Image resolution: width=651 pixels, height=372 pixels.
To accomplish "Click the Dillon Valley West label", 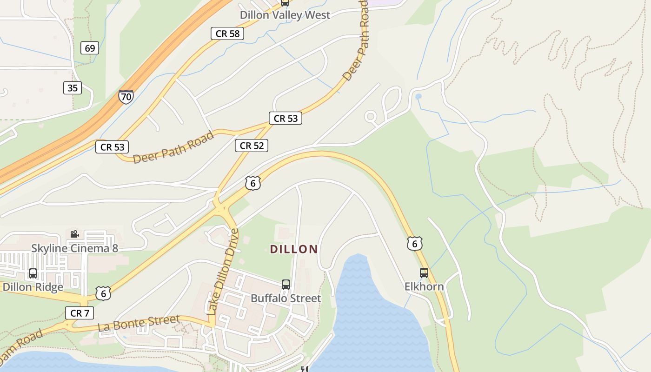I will pos(285,15).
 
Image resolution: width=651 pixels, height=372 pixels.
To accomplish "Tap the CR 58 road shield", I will pos(227,33).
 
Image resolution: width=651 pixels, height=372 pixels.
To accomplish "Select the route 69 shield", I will pos(90,48).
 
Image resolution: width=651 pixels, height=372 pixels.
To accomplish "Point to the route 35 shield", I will pos(73,88).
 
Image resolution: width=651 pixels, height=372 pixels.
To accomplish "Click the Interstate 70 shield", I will pos(126,96).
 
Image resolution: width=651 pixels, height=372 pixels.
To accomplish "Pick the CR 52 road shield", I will pos(252,146).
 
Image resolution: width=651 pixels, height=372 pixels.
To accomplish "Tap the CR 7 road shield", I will pos(80,313).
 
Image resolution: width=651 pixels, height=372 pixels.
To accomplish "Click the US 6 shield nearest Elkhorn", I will pos(414,244).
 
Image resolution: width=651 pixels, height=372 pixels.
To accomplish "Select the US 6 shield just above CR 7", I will pos(103,293).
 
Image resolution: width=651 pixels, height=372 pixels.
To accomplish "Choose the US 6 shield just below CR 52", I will pos(252,183).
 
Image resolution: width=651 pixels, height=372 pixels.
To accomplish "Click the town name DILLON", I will pos(294,249).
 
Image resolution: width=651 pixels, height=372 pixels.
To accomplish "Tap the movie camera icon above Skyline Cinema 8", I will pos(74,234).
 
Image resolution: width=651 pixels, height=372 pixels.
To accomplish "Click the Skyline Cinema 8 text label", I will pos(74,248).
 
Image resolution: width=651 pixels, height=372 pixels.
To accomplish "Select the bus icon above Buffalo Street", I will pos(286,284).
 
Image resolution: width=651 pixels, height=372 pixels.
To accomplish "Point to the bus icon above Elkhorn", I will pos(424,272).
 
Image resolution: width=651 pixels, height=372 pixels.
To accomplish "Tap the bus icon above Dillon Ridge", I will pos(33,273).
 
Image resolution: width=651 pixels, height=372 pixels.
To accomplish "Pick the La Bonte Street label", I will pos(139,323).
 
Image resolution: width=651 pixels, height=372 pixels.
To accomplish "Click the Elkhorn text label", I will pos(424,286).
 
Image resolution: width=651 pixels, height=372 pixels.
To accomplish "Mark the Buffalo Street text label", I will pos(286,298).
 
